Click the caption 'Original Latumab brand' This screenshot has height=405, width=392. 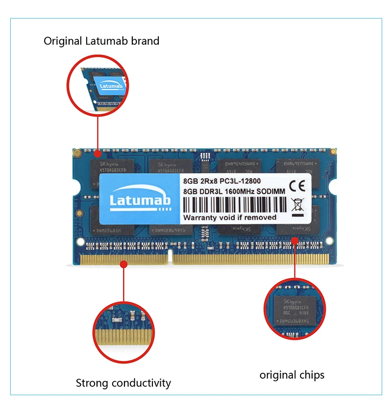click(x=101, y=41)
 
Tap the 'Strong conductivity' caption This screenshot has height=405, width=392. click(x=123, y=383)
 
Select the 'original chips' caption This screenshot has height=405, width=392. click(x=292, y=375)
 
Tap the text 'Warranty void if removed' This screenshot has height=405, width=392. click(x=230, y=217)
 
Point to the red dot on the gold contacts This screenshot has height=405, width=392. click(x=124, y=264)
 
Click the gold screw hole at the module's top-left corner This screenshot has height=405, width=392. click(x=76, y=153)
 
